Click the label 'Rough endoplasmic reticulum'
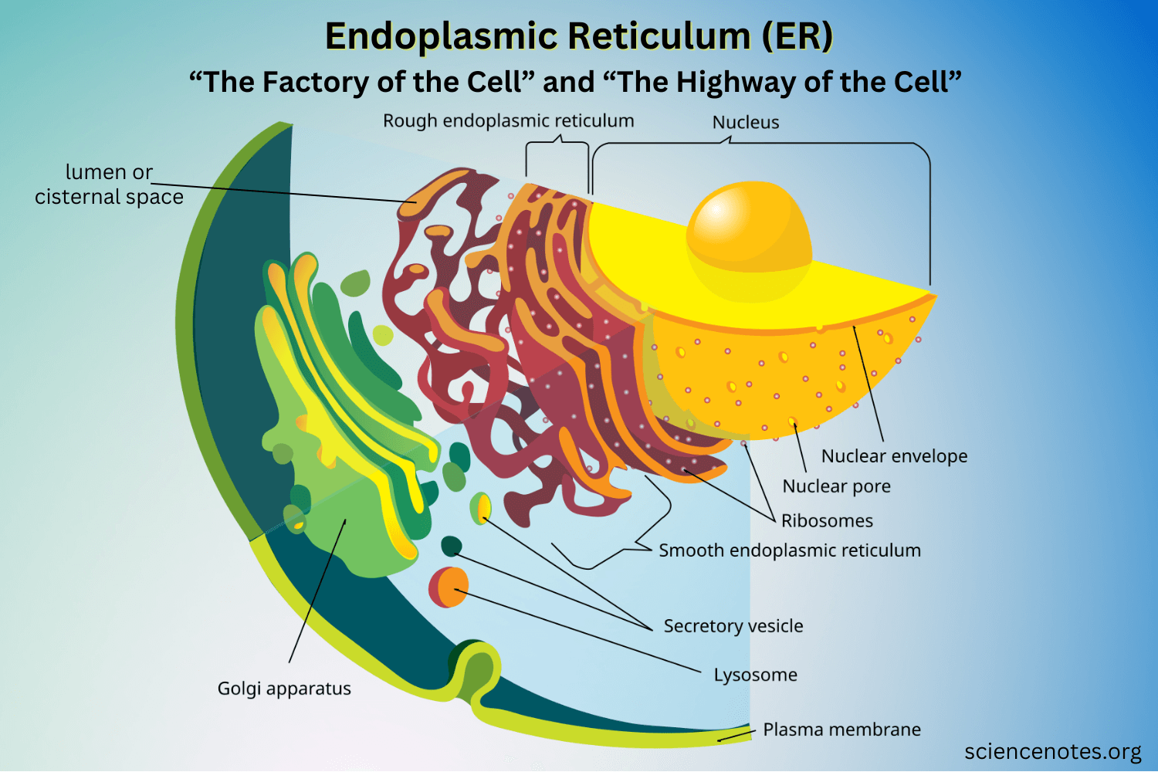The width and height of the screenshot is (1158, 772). click(508, 121)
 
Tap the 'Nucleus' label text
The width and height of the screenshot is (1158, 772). click(745, 123)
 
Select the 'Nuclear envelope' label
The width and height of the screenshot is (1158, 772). click(894, 456)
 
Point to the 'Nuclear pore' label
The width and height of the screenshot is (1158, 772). click(836, 486)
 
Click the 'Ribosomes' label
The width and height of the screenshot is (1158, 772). click(827, 521)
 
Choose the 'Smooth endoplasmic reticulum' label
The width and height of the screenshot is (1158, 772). click(789, 550)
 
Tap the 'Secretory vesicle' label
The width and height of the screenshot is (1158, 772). click(733, 626)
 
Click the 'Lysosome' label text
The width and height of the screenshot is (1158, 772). click(755, 675)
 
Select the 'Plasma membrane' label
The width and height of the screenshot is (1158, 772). click(841, 730)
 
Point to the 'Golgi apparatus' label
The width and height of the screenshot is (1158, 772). click(284, 689)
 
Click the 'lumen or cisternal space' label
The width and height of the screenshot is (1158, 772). click(109, 185)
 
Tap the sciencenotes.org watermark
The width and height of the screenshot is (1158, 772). click(1052, 752)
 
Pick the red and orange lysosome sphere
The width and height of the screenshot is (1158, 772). click(449, 587)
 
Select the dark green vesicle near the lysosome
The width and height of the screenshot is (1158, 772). click(451, 546)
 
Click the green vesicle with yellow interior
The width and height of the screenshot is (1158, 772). click(481, 509)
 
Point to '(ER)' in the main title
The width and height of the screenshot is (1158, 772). click(797, 36)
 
